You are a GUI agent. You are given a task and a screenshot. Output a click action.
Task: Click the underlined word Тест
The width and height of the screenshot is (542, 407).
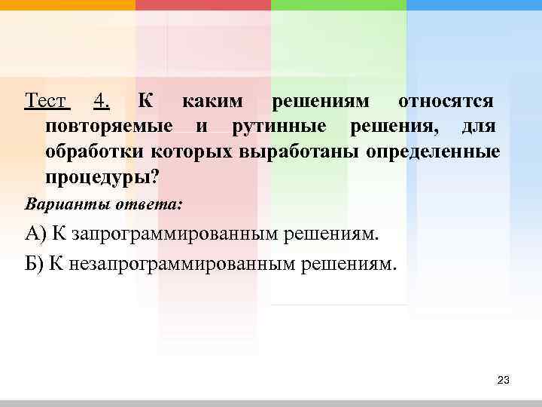pos(47,101)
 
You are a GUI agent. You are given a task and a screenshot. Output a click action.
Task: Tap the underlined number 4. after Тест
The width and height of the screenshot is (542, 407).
pos(103,101)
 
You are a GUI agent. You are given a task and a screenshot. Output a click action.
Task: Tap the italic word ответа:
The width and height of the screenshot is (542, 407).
pos(141,203)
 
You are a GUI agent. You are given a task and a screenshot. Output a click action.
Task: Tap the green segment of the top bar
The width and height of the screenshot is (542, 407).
pos(338,5)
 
